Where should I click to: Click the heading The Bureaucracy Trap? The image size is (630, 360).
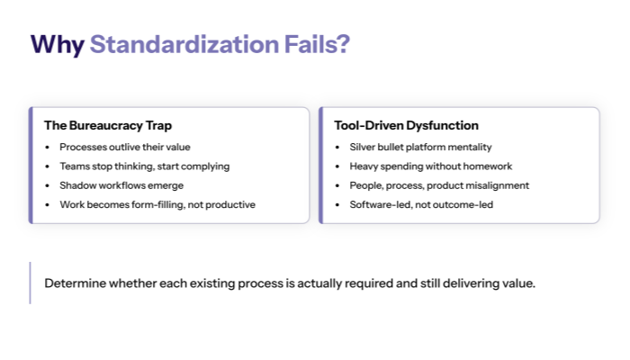107,126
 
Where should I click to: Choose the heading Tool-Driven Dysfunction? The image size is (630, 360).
406,126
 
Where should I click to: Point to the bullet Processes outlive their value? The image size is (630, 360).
125,147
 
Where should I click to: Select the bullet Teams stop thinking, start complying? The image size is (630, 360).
144,166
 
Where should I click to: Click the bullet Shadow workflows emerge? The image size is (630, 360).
121,185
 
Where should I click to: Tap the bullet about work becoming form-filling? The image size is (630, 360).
157,205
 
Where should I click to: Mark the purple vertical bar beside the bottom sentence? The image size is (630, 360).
31,283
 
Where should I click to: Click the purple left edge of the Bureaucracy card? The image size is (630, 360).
31,166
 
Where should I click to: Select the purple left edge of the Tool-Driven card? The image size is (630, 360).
320,166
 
